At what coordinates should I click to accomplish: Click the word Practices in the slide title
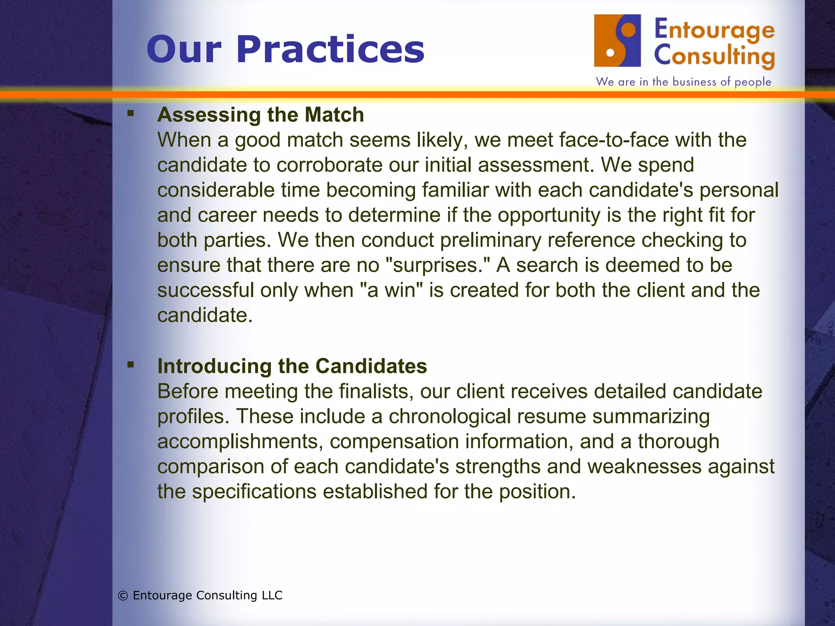pyautogui.click(x=330, y=50)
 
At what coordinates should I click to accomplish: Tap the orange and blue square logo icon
pyautogui.click(x=617, y=41)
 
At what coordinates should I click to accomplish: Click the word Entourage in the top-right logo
pyautogui.click(x=714, y=30)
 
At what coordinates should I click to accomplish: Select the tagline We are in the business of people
pyautogui.click(x=683, y=82)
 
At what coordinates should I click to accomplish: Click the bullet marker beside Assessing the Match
pyautogui.click(x=130, y=113)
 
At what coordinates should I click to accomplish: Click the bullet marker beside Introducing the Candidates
pyautogui.click(x=130, y=364)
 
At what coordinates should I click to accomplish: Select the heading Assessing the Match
pyautogui.click(x=261, y=115)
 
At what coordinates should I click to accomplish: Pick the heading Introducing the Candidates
pyautogui.click(x=292, y=366)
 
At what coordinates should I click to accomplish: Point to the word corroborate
pyautogui.click(x=329, y=165)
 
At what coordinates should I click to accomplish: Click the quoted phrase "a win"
pyautogui.click(x=391, y=291)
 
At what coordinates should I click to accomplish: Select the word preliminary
pyautogui.click(x=490, y=240)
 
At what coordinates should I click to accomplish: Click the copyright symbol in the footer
pyautogui.click(x=123, y=596)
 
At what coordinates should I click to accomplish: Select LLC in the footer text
pyautogui.click(x=272, y=595)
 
